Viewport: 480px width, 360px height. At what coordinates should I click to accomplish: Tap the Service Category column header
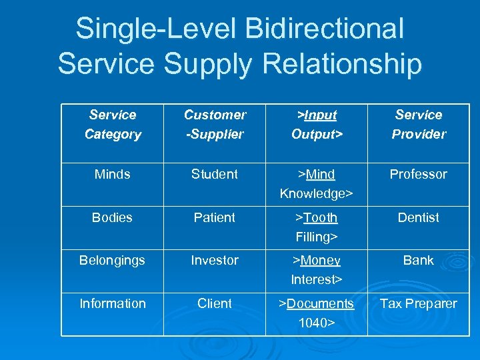[113, 125]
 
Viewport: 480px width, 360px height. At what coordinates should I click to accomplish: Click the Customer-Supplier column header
[215, 125]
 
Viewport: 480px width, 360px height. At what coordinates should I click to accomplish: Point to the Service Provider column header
[419, 125]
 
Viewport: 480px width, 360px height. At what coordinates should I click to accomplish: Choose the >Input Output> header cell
[317, 125]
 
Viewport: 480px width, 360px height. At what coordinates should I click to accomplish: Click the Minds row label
[113, 174]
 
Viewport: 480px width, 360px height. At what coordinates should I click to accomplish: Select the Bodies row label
[113, 217]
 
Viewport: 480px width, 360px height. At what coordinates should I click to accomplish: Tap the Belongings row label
[112, 260]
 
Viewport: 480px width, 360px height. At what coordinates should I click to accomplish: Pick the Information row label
[112, 303]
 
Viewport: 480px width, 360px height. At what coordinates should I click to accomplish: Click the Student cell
[215, 174]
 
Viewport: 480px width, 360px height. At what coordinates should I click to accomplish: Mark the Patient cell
[215, 217]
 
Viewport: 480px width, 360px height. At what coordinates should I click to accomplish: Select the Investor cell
[215, 260]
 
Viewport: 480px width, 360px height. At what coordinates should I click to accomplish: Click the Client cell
[215, 303]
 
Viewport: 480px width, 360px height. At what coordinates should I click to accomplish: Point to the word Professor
[419, 174]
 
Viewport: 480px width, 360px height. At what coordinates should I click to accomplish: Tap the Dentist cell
[419, 217]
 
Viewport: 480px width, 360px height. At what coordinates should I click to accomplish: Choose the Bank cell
[419, 260]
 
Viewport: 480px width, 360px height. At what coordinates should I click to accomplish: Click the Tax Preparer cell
[419, 303]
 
